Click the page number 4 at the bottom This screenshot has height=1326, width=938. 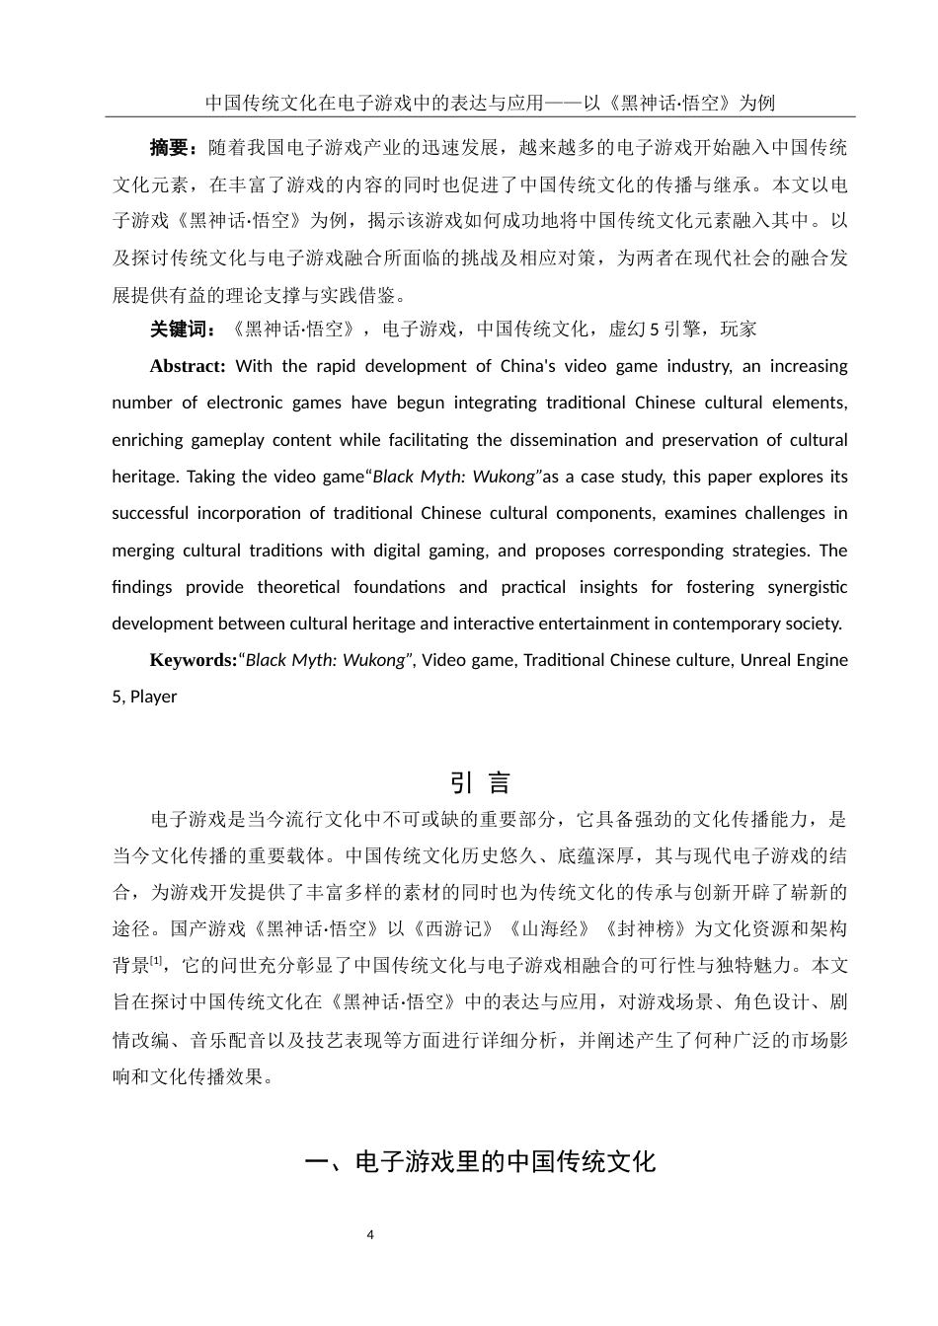(x=370, y=1234)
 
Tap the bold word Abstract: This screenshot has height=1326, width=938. (x=188, y=366)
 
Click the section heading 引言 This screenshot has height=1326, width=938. (x=480, y=783)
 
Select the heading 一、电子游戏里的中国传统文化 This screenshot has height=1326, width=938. (x=480, y=1161)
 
